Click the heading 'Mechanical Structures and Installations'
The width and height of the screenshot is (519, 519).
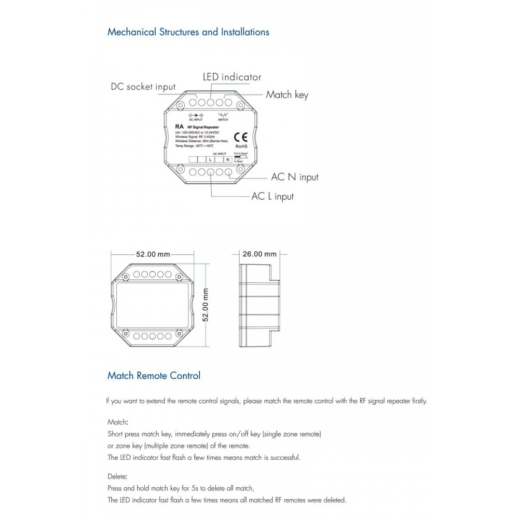point(188,32)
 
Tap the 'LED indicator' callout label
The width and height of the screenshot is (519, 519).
point(231,77)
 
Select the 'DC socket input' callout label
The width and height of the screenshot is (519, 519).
point(143,87)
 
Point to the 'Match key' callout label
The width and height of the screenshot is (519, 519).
point(287,94)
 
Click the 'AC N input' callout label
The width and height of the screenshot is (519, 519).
point(295,177)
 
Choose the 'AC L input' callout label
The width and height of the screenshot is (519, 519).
point(272,197)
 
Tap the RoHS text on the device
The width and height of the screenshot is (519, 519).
point(240,147)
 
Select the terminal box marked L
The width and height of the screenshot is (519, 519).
point(210,159)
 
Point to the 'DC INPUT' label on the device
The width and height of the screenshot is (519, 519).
point(196,119)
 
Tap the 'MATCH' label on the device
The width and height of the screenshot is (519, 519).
point(223,119)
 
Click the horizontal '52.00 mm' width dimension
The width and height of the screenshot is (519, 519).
point(153,254)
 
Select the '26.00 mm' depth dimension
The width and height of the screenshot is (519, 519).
point(259,254)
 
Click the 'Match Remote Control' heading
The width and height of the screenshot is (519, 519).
point(154,375)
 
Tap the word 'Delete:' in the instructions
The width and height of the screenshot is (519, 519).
point(117,476)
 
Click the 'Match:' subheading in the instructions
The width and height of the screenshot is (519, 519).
point(118,422)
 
